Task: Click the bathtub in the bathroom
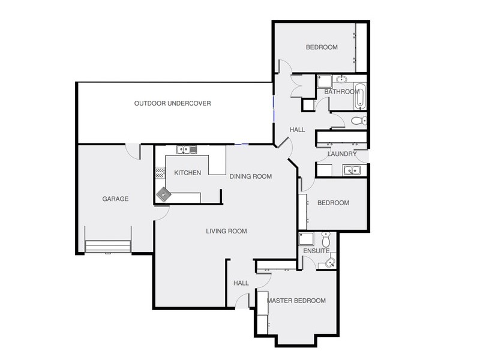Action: pyautogui.click(x=360, y=96)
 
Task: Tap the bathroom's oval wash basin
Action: pyautogui.click(x=341, y=79)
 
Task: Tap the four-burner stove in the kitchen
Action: pyautogui.click(x=160, y=173)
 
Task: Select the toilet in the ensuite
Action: pyautogui.click(x=326, y=240)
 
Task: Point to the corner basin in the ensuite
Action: pyautogui.click(x=332, y=262)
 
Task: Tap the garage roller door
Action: pyautogui.click(x=108, y=246)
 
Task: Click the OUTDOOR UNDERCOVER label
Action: pyautogui.click(x=172, y=103)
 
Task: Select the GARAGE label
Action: pyautogui.click(x=115, y=199)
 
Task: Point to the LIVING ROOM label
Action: pyautogui.click(x=226, y=231)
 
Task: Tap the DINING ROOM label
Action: pyautogui.click(x=251, y=176)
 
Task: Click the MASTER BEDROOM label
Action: pyautogui.click(x=296, y=301)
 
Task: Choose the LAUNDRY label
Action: pyautogui.click(x=343, y=155)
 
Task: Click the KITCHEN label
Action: pyautogui.click(x=187, y=173)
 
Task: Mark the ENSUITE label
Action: pyautogui.click(x=316, y=251)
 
